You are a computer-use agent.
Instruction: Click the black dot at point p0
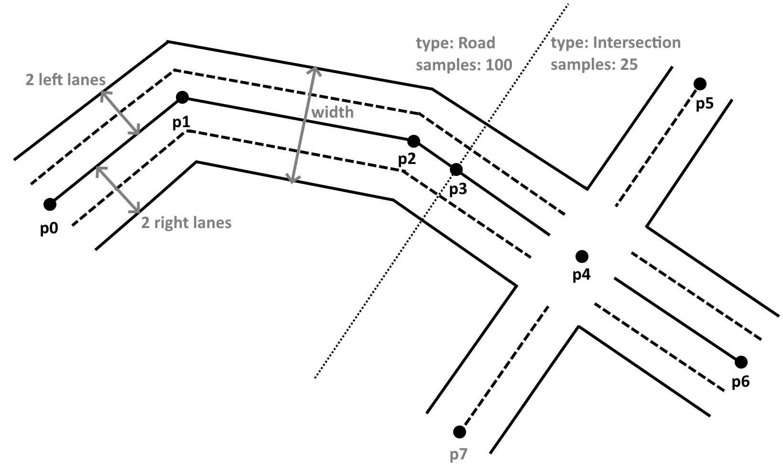point(50,205)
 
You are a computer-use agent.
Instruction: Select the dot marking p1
point(182,98)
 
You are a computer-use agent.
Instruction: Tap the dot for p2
point(413,141)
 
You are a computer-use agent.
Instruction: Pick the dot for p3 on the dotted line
point(456,169)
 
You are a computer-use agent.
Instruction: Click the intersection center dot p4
point(582,256)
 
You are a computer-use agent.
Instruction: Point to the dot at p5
point(700,84)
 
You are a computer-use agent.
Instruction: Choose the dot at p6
point(741,361)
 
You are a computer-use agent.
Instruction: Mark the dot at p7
point(459,432)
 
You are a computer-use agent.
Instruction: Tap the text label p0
point(49,229)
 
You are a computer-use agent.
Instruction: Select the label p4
point(581,275)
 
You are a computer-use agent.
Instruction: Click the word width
point(333,112)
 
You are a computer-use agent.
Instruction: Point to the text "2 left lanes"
point(65,80)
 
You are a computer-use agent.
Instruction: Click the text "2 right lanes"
point(186,223)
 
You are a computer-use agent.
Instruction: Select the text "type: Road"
point(456,43)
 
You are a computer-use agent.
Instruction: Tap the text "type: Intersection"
point(615,43)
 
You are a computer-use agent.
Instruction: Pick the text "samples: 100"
point(464,65)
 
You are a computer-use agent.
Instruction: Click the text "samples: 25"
point(594,65)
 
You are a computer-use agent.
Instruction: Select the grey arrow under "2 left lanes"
point(120,113)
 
